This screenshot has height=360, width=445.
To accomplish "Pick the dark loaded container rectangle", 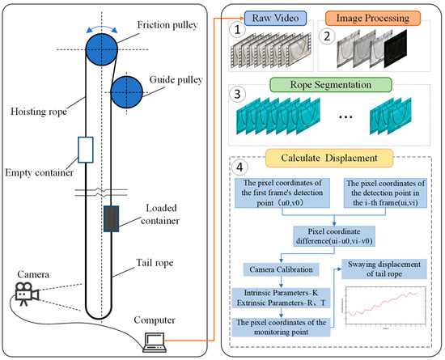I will coord(111,219).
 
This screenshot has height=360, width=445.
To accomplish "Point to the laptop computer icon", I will coord(155,341).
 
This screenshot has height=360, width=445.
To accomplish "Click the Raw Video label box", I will coord(274,16).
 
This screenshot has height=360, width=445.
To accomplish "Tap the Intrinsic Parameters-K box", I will coord(276,294).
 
